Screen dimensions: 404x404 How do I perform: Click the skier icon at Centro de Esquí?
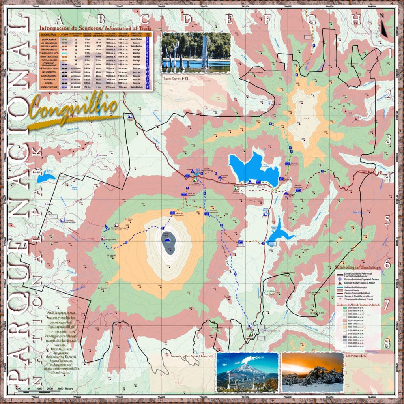pyautogui.click(x=107, y=227)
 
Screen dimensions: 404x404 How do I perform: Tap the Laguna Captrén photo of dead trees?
pyautogui.click(x=196, y=52)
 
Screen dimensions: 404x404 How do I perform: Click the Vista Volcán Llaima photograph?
pyautogui.click(x=247, y=372)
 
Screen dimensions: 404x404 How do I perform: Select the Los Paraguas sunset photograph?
pyautogui.click(x=312, y=372)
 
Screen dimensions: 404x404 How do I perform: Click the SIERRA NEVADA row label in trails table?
pyautogui.click(x=49, y=40)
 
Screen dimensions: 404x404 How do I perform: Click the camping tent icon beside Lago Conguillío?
pyautogui.click(x=249, y=181)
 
